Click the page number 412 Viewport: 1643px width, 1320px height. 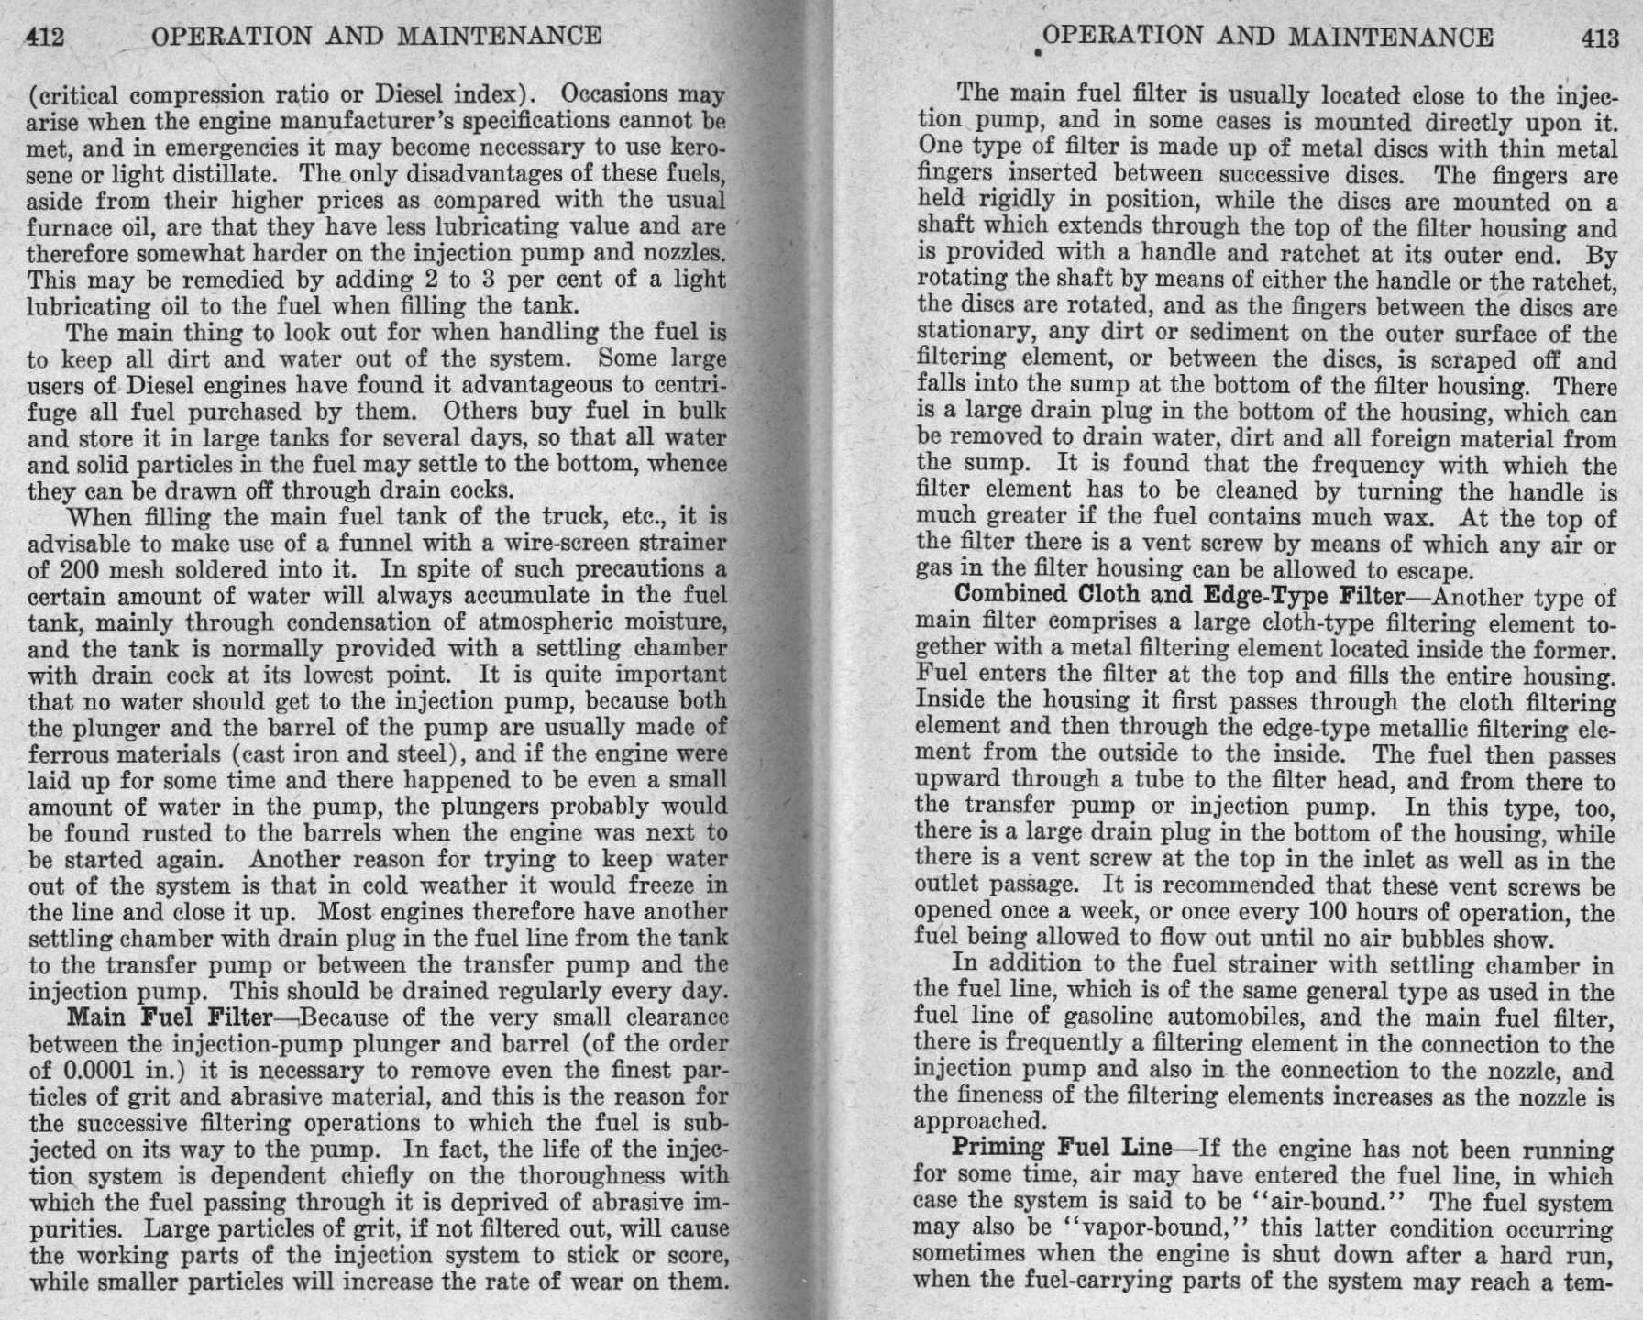coord(45,37)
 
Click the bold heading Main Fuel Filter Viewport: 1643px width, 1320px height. coord(171,1017)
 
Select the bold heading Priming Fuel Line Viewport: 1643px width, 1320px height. coord(1062,1147)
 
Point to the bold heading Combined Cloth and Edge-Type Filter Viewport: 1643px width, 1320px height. coord(1179,595)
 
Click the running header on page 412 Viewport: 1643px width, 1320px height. coord(376,37)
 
